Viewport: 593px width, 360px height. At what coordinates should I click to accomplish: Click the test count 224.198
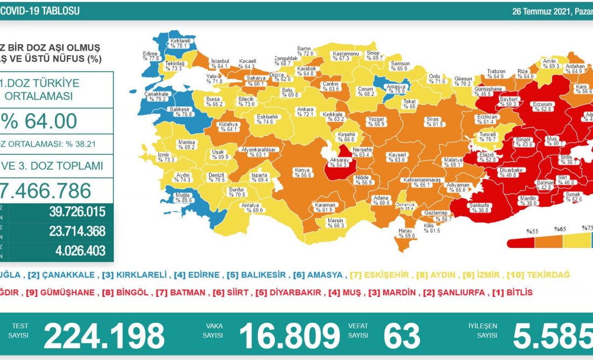pos(104,336)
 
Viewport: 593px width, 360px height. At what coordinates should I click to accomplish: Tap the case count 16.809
pos(289,336)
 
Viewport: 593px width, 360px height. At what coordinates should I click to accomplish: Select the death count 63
pos(402,336)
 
